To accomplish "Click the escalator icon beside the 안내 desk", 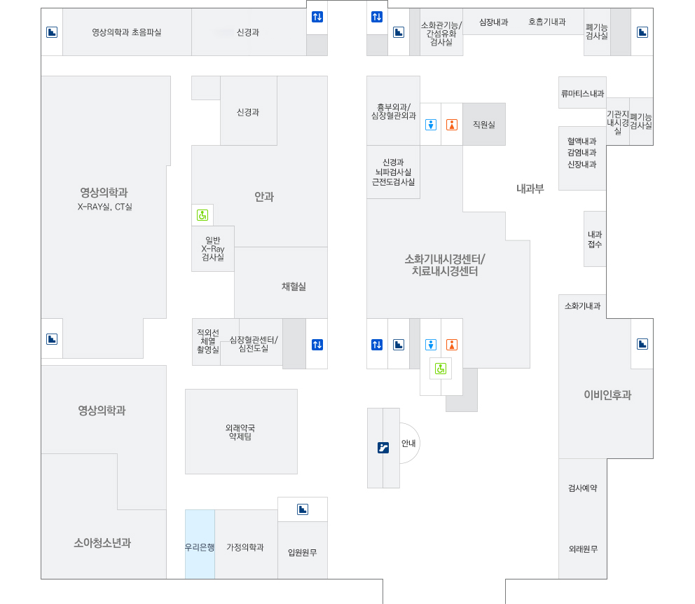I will point(383,448).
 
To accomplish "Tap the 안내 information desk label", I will point(408,443).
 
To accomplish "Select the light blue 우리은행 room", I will point(200,547).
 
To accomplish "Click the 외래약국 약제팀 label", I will point(240,432).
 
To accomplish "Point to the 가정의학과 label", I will point(245,547).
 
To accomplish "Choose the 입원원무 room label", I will point(303,552).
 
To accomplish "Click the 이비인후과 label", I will point(607,395).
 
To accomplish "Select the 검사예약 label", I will point(582,488).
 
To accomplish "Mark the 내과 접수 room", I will point(595,239).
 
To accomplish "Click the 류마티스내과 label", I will point(582,93).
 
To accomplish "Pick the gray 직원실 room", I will point(483,124).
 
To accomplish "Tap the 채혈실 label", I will point(294,286).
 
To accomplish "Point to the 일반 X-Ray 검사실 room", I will point(212,249).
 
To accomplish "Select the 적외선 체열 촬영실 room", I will point(207,341).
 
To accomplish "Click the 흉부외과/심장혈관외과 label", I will point(393,111).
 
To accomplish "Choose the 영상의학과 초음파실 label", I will point(127,32).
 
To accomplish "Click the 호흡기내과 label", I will point(546,22).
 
